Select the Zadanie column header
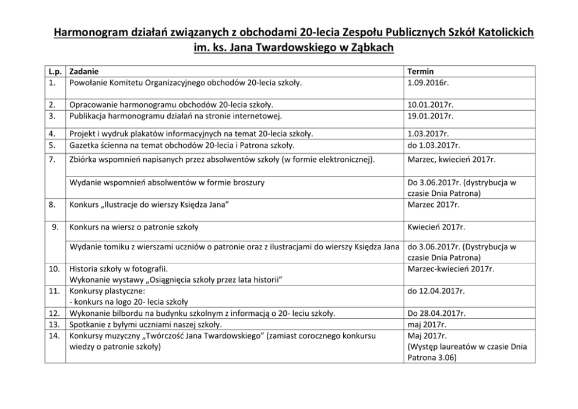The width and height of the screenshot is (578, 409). pos(83,72)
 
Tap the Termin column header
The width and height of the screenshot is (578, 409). pos(421,72)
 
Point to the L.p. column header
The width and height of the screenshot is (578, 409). pos(55,72)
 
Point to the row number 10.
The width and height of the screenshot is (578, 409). pos(54,269)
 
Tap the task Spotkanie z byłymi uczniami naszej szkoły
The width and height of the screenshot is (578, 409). pos(146,324)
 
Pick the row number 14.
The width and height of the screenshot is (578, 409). pos(54,335)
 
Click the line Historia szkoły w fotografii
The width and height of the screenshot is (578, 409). pos(118,269)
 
